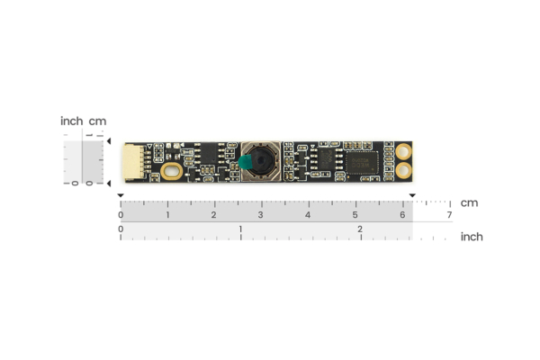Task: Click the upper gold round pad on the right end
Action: tap(404, 152)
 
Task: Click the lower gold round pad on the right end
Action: tap(404, 169)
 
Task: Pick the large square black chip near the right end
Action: tap(364, 162)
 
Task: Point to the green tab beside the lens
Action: tap(242, 162)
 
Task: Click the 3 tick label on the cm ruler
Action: tap(261, 215)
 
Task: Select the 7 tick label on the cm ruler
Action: tap(449, 215)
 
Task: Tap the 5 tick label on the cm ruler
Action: tap(355, 215)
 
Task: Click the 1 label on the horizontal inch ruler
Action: tap(240, 230)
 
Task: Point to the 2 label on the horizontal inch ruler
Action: tap(360, 230)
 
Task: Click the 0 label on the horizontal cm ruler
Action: tap(121, 215)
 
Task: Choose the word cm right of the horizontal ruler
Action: tap(469, 202)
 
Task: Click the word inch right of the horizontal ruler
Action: tap(472, 237)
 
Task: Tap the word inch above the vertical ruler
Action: tap(71, 121)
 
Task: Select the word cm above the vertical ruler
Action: tap(97, 121)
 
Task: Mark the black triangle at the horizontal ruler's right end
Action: tap(412, 195)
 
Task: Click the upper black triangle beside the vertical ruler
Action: tap(108, 141)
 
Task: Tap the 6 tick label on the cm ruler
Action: tap(402, 215)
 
